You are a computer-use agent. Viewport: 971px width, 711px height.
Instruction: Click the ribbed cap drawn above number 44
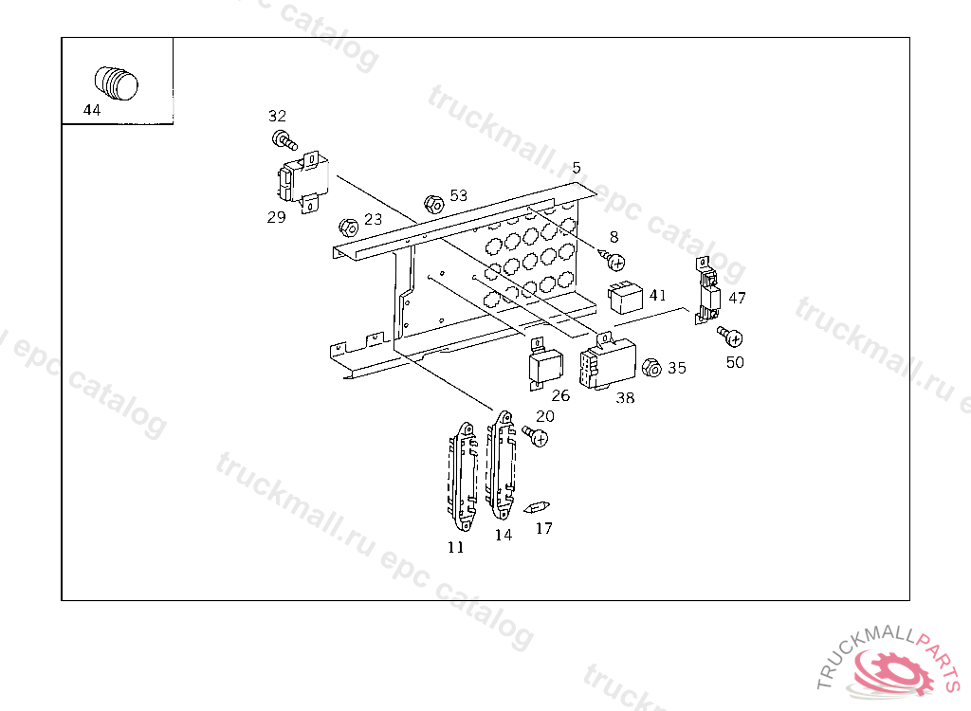coord(117,82)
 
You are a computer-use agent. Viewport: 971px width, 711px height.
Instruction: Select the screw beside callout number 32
coord(284,140)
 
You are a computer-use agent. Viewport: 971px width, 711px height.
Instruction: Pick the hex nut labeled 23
coord(349,228)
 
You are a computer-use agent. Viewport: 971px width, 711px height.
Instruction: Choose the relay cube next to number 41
coord(626,298)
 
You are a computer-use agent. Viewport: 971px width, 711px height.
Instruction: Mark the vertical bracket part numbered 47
coord(707,290)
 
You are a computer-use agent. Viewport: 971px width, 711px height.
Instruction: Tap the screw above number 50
coord(730,337)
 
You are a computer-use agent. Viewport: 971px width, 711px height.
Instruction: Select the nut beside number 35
coord(651,368)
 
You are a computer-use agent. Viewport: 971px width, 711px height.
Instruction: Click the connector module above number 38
coord(608,363)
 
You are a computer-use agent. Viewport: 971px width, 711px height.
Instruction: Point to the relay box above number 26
coord(545,365)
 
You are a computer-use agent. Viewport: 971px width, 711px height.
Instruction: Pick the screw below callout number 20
coord(535,436)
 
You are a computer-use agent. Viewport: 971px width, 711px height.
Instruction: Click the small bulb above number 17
coord(537,508)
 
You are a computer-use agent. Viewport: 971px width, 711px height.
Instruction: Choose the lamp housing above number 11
coord(463,476)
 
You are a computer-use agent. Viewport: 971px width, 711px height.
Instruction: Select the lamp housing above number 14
coord(501,465)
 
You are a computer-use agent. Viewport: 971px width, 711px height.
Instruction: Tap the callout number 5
coord(577,168)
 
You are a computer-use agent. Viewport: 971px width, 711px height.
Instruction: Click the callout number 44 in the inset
coord(92,110)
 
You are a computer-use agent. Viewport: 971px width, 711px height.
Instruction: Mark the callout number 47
coord(737,298)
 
